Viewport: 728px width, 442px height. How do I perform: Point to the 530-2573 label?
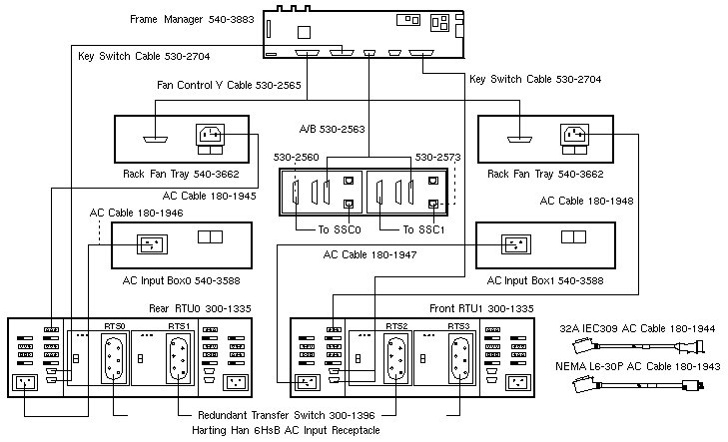tap(437, 158)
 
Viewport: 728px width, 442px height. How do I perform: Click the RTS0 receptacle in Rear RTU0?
tap(114, 357)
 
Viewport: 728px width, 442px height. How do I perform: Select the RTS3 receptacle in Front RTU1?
tap(460, 357)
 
